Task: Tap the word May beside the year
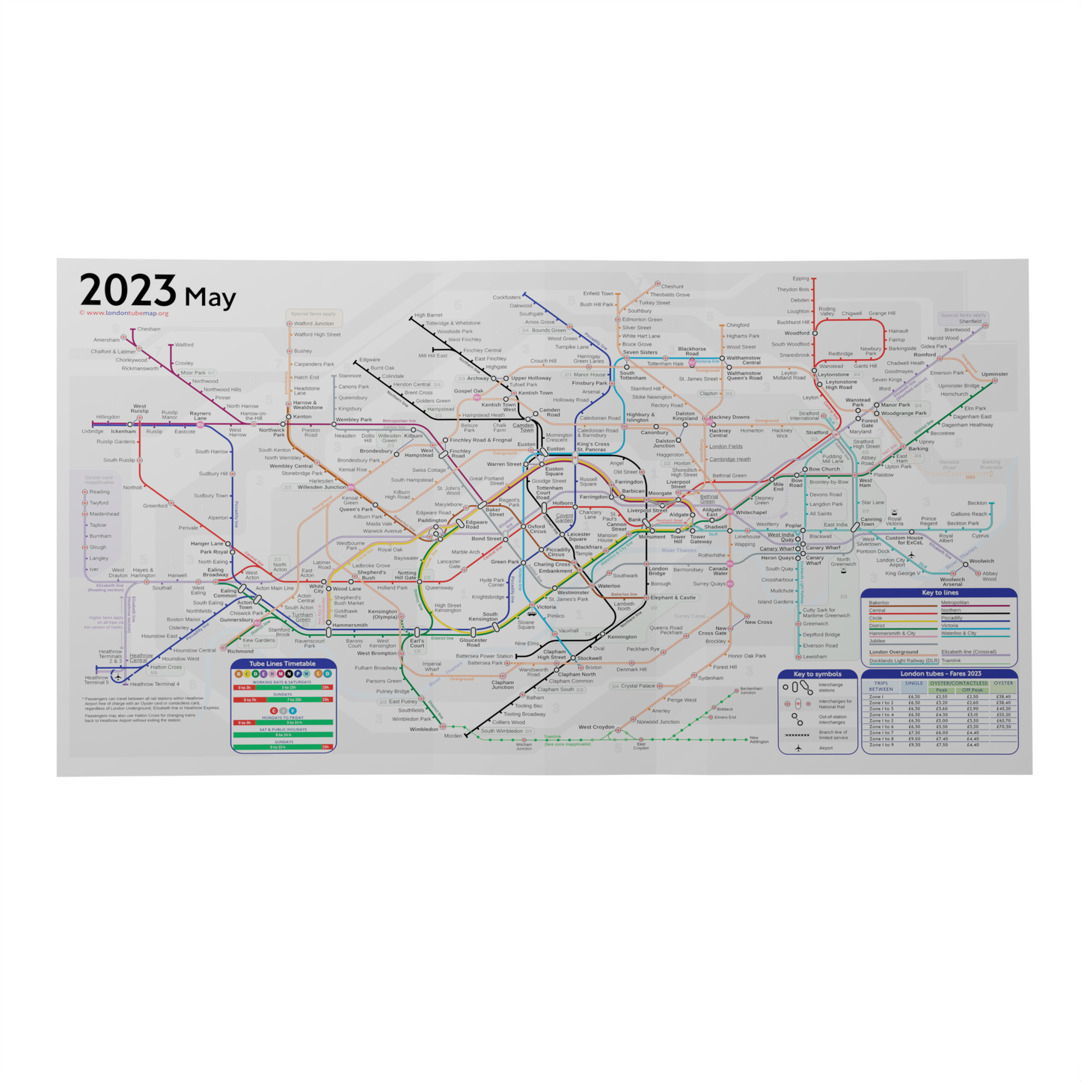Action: pyautogui.click(x=210, y=297)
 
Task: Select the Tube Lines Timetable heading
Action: pyautogui.click(x=283, y=664)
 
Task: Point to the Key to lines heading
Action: pyautogui.click(x=940, y=592)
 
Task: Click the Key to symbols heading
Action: pyautogui.click(x=817, y=674)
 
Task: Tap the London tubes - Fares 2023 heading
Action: pyautogui.click(x=940, y=674)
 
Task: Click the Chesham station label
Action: pyautogui.click(x=148, y=329)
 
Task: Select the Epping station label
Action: pyautogui.click(x=800, y=279)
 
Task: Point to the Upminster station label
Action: pyautogui.click(x=994, y=374)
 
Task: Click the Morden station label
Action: pyautogui.click(x=453, y=736)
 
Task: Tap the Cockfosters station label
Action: pyautogui.click(x=506, y=297)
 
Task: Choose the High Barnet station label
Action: pyautogui.click(x=428, y=316)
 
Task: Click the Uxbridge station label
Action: pyautogui.click(x=93, y=432)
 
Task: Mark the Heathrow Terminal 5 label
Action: pyautogui.click(x=97, y=680)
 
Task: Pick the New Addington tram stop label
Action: pyautogui.click(x=759, y=740)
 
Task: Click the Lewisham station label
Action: pyautogui.click(x=815, y=657)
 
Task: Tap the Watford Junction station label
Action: pyautogui.click(x=313, y=324)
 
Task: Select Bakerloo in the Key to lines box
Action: pyautogui.click(x=879, y=603)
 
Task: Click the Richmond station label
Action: pyautogui.click(x=240, y=652)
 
